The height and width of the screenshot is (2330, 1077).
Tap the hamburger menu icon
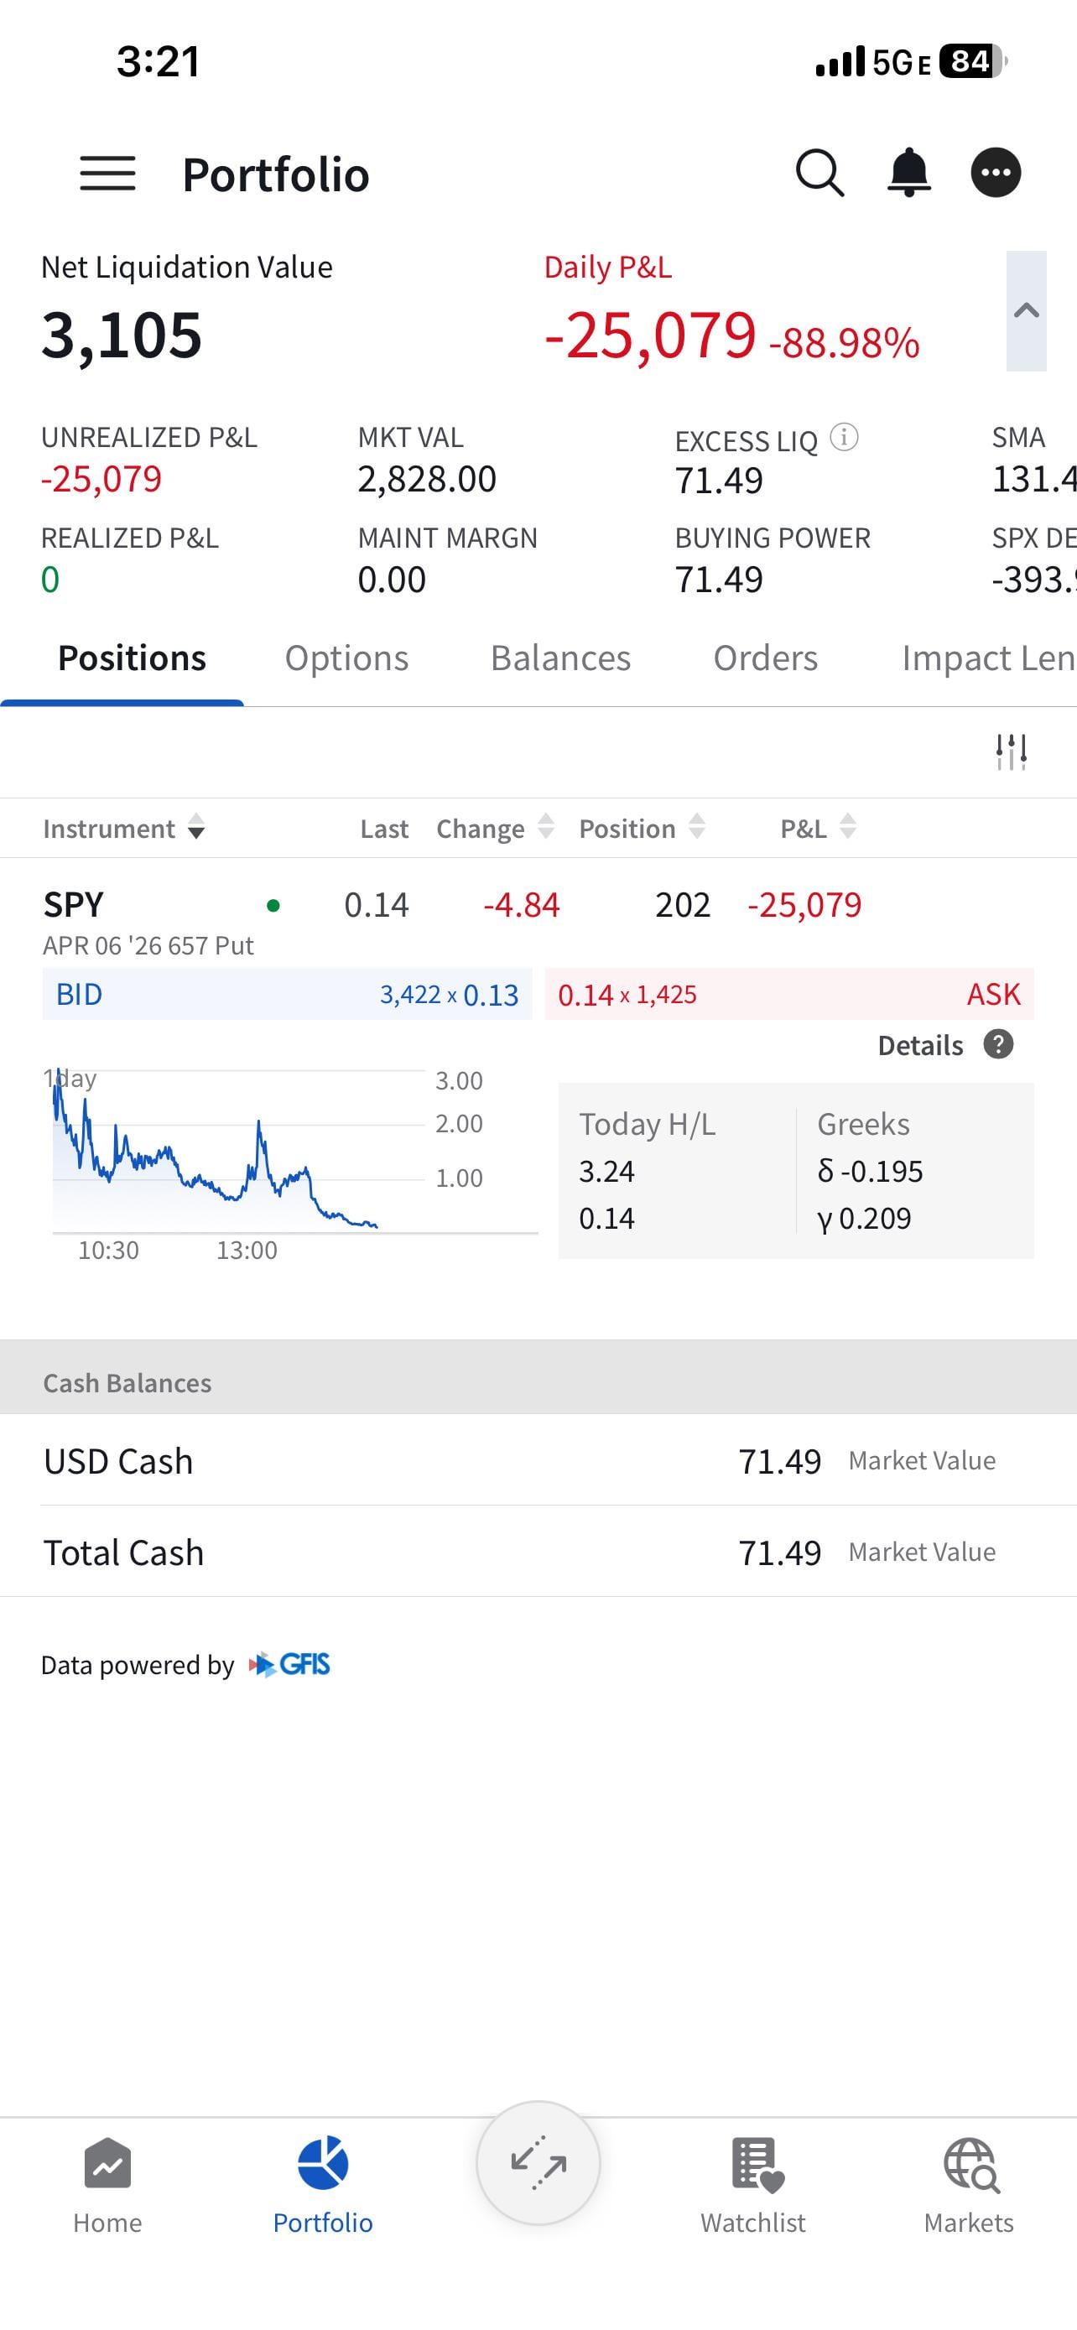click(107, 173)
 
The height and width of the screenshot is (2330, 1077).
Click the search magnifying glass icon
click(819, 172)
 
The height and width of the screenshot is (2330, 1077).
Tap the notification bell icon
click(908, 172)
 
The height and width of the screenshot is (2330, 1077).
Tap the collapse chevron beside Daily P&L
click(1026, 311)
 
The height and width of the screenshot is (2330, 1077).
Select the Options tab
click(346, 658)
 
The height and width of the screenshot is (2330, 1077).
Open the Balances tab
click(560, 658)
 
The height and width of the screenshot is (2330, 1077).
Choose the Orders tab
click(765, 658)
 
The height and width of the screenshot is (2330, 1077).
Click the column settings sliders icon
click(1011, 752)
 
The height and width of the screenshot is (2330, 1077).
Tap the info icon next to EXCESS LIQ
click(844, 438)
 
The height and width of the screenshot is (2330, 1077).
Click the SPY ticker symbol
click(74, 904)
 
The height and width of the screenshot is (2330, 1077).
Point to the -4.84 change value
click(522, 904)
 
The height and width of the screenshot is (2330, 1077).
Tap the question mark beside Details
click(998, 1045)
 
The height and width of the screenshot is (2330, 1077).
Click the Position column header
click(627, 829)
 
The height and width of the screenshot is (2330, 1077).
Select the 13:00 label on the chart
click(247, 1250)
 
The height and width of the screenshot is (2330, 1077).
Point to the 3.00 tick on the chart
click(459, 1080)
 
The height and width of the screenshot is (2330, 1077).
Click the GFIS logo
click(290, 1664)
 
